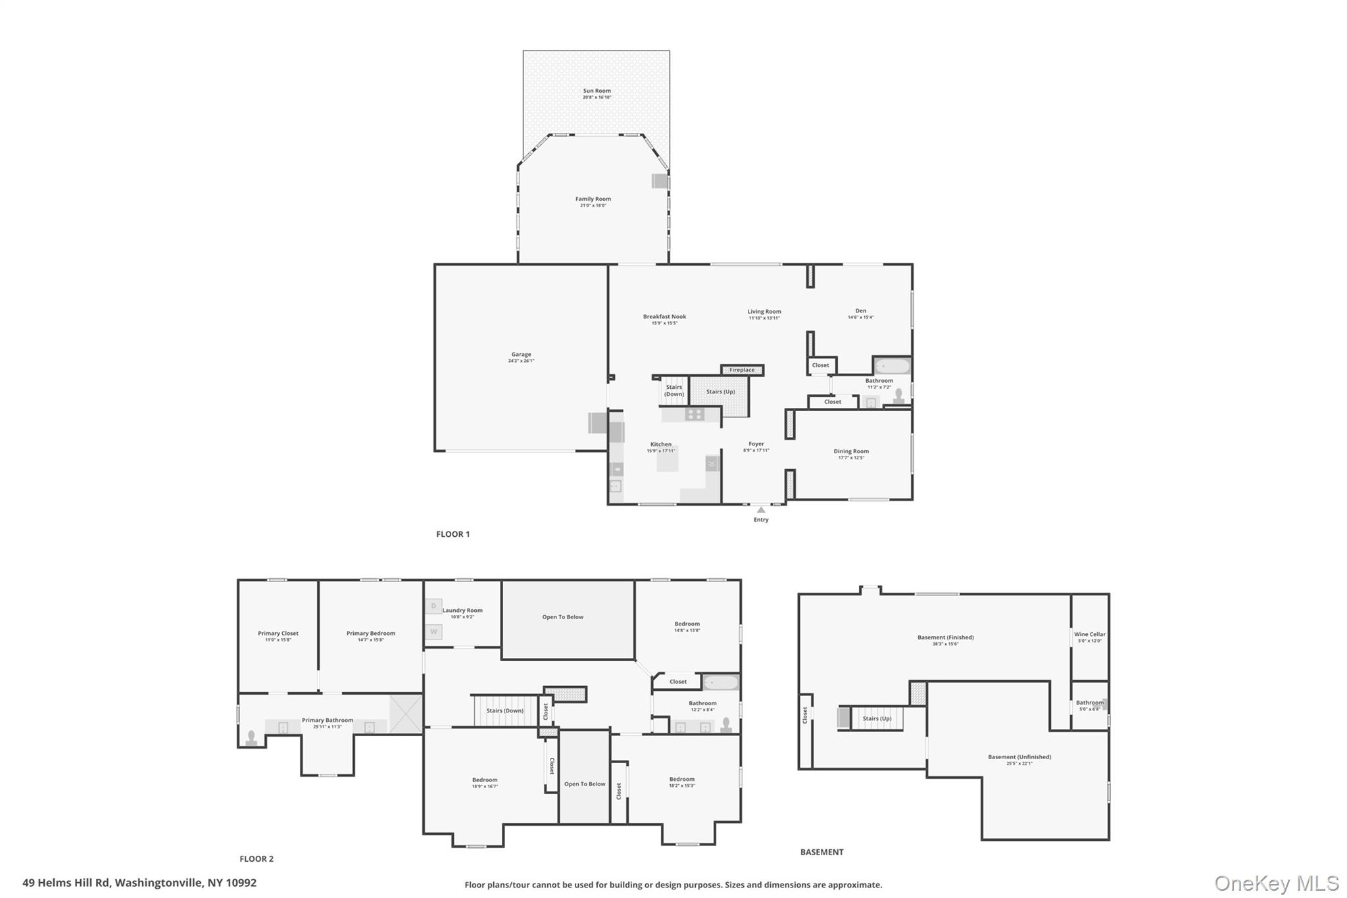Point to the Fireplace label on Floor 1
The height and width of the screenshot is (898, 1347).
click(741, 370)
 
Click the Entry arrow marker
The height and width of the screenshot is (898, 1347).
click(761, 510)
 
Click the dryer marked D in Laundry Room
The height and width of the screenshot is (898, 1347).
click(433, 606)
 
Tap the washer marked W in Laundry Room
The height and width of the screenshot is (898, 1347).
click(433, 632)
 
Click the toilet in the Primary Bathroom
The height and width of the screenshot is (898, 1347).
click(251, 737)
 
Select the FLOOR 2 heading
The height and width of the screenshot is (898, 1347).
click(256, 859)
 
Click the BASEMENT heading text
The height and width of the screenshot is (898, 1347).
click(821, 852)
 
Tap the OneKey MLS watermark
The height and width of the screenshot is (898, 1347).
click(1276, 883)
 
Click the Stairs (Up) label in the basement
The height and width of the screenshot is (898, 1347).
click(877, 718)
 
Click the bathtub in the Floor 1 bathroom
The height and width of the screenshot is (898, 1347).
click(892, 366)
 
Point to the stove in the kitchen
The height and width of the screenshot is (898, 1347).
click(694, 414)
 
